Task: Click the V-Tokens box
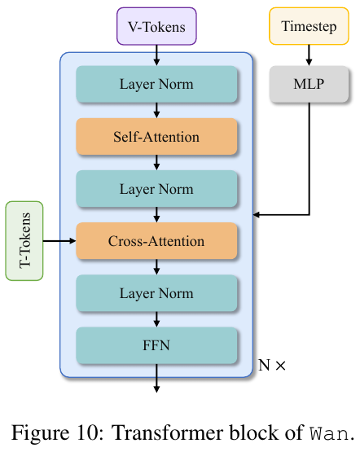[156, 26]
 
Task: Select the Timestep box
[309, 26]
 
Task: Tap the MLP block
[309, 84]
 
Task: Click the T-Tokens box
[24, 241]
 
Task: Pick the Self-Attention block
[156, 136]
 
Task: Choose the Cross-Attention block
[156, 241]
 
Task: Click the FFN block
[156, 345]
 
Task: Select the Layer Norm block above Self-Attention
[156, 84]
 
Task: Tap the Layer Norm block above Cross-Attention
[156, 188]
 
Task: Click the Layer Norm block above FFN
[156, 293]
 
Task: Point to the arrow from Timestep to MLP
[309, 55]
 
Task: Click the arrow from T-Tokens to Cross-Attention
[59, 241]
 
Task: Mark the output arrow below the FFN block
[156, 378]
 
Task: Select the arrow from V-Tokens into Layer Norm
[156, 55]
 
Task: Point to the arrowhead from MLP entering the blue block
[256, 214]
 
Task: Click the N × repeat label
[272, 365]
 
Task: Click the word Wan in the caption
[328, 433]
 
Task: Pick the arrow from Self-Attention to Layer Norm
[156, 162]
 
